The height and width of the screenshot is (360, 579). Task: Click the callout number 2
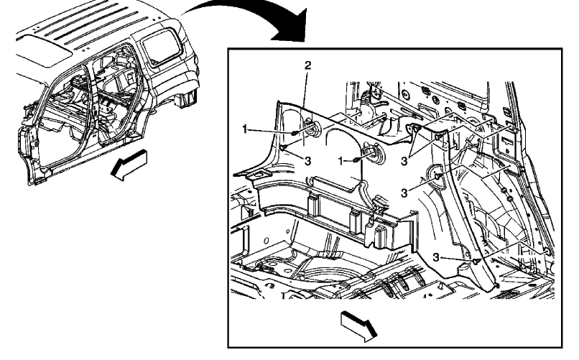(x=307, y=65)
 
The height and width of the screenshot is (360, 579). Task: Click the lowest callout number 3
(x=437, y=258)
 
